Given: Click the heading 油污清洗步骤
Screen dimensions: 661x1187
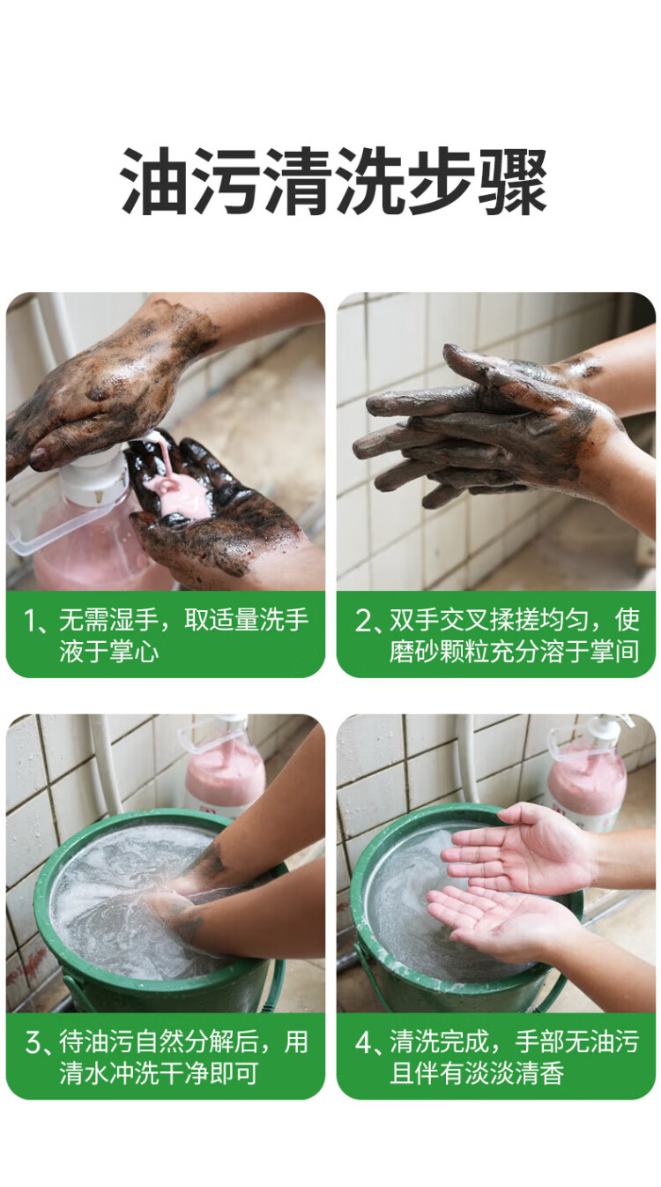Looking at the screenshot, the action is click(333, 183).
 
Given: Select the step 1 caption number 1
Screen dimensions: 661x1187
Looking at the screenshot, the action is click(30, 621).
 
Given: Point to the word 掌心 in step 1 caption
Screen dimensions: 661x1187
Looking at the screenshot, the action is click(135, 651).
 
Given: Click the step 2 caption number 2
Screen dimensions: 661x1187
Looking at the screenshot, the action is click(363, 621).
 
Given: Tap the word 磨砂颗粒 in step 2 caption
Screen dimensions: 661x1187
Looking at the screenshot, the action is click(440, 651).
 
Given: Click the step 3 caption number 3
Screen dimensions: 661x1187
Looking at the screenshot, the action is click(33, 1042).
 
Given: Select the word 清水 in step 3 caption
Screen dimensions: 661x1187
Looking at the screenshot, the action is click(85, 1073).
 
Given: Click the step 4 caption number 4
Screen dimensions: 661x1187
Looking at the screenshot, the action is click(364, 1042).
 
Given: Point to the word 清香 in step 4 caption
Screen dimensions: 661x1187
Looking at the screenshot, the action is click(539, 1073).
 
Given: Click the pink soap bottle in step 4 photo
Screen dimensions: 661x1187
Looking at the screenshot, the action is click(588, 773).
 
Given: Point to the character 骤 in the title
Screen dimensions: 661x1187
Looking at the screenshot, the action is click(512, 183).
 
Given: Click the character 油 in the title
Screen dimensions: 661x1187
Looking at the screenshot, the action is click(154, 183).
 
